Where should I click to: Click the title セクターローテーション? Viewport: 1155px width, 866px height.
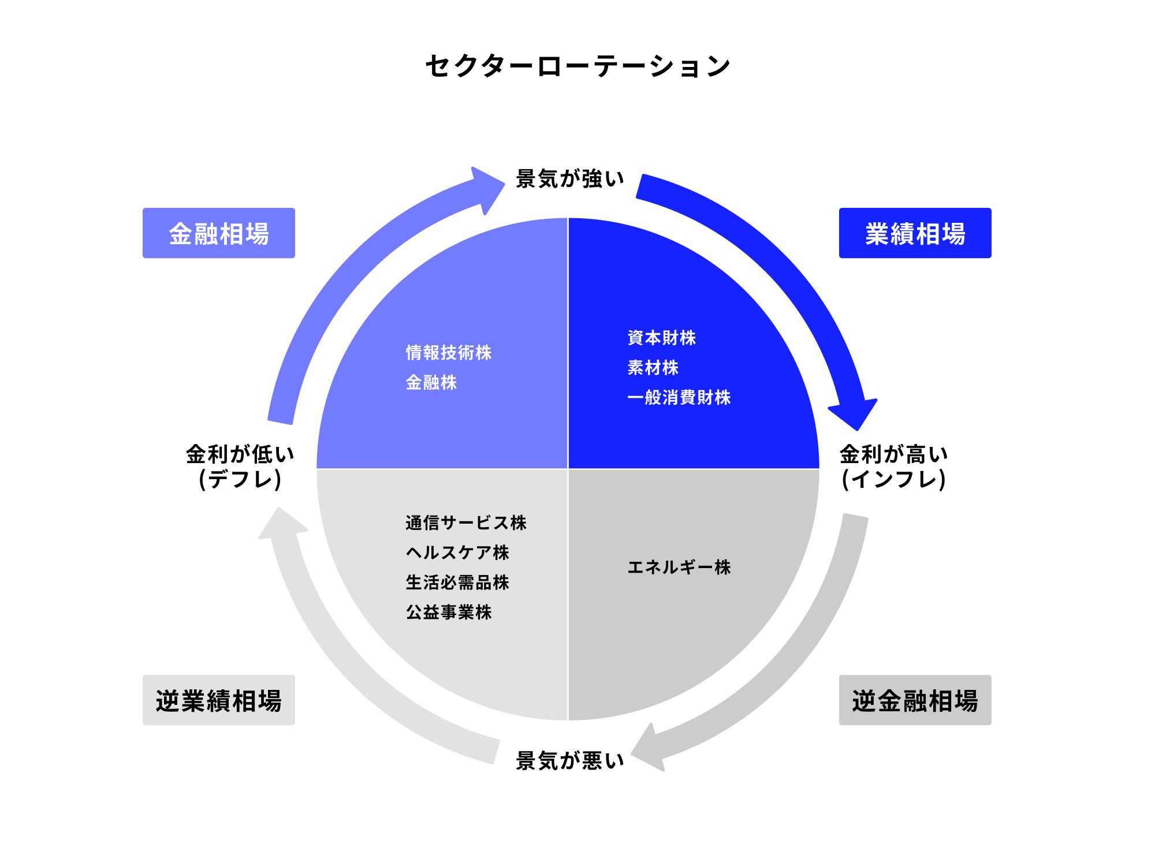tap(577, 66)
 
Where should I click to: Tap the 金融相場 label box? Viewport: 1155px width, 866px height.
tap(218, 233)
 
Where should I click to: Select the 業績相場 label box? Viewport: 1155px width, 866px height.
tap(915, 233)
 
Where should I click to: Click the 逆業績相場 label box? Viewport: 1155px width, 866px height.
tap(218, 700)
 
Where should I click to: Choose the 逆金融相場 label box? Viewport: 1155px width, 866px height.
tap(915, 700)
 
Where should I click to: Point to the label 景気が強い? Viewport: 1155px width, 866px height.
tap(570, 179)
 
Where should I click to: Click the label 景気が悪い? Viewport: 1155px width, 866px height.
tap(570, 760)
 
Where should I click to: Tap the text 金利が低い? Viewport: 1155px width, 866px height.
tap(240, 454)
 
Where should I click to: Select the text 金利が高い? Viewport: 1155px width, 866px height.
tap(893, 454)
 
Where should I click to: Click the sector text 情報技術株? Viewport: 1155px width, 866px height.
tap(449, 353)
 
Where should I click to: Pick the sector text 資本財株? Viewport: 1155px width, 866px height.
tap(661, 338)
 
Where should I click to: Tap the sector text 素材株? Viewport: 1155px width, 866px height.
tap(653, 368)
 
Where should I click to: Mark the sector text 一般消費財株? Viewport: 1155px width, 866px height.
tap(679, 398)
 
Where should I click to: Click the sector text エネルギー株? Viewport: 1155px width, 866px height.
tap(679, 568)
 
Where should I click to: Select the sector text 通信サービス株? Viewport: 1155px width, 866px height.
tap(465, 523)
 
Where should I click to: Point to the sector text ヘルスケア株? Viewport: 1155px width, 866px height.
tap(457, 553)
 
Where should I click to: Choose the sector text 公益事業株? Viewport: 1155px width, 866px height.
tap(449, 613)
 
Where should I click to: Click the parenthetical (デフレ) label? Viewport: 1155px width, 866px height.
tap(240, 479)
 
